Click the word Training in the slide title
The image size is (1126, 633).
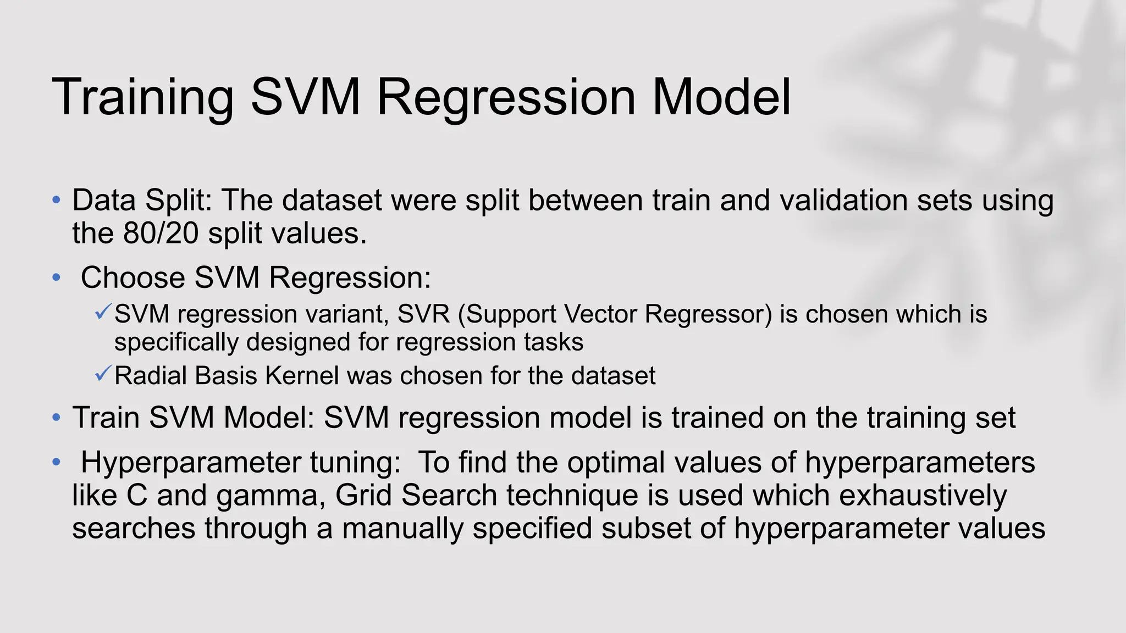tap(143, 98)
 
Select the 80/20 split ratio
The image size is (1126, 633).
tap(161, 234)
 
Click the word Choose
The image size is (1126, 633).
tap(133, 278)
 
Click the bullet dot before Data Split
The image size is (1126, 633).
tap(56, 200)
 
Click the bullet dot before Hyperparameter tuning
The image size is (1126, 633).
tap(56, 462)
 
